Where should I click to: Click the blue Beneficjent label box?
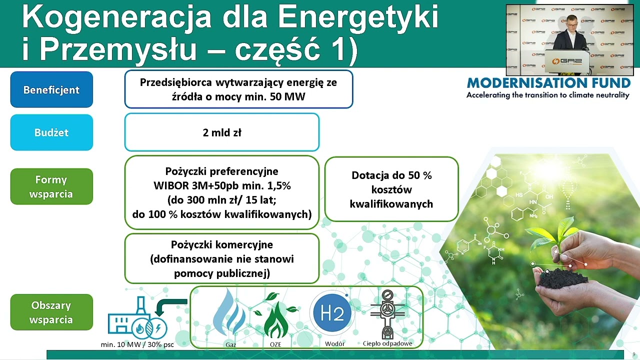pos(51,89)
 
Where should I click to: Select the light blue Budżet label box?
pos(51,132)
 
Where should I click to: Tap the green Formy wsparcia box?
pos(51,186)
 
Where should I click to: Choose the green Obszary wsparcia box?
pos(51,312)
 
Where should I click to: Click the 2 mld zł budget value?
pos(221,132)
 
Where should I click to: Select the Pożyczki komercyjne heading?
pos(221,245)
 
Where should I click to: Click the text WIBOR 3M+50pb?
pos(200,186)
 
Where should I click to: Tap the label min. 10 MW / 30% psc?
pos(137,344)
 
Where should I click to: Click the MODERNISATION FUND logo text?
pos(548,83)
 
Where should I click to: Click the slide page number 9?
pos(633,354)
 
